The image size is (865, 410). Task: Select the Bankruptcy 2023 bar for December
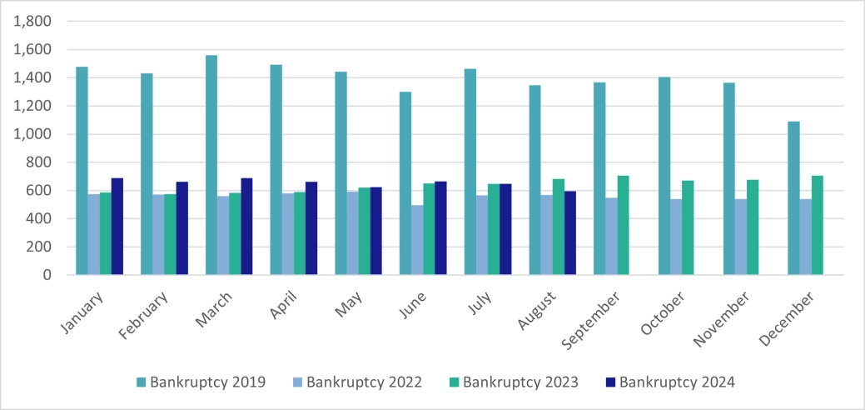[818, 225]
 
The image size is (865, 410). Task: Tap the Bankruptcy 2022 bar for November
[741, 237]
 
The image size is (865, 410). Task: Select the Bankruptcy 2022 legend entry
[356, 382]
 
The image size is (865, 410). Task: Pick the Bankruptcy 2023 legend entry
[513, 382]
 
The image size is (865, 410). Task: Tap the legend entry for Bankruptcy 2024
[669, 382]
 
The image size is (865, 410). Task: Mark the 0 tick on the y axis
[46, 275]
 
